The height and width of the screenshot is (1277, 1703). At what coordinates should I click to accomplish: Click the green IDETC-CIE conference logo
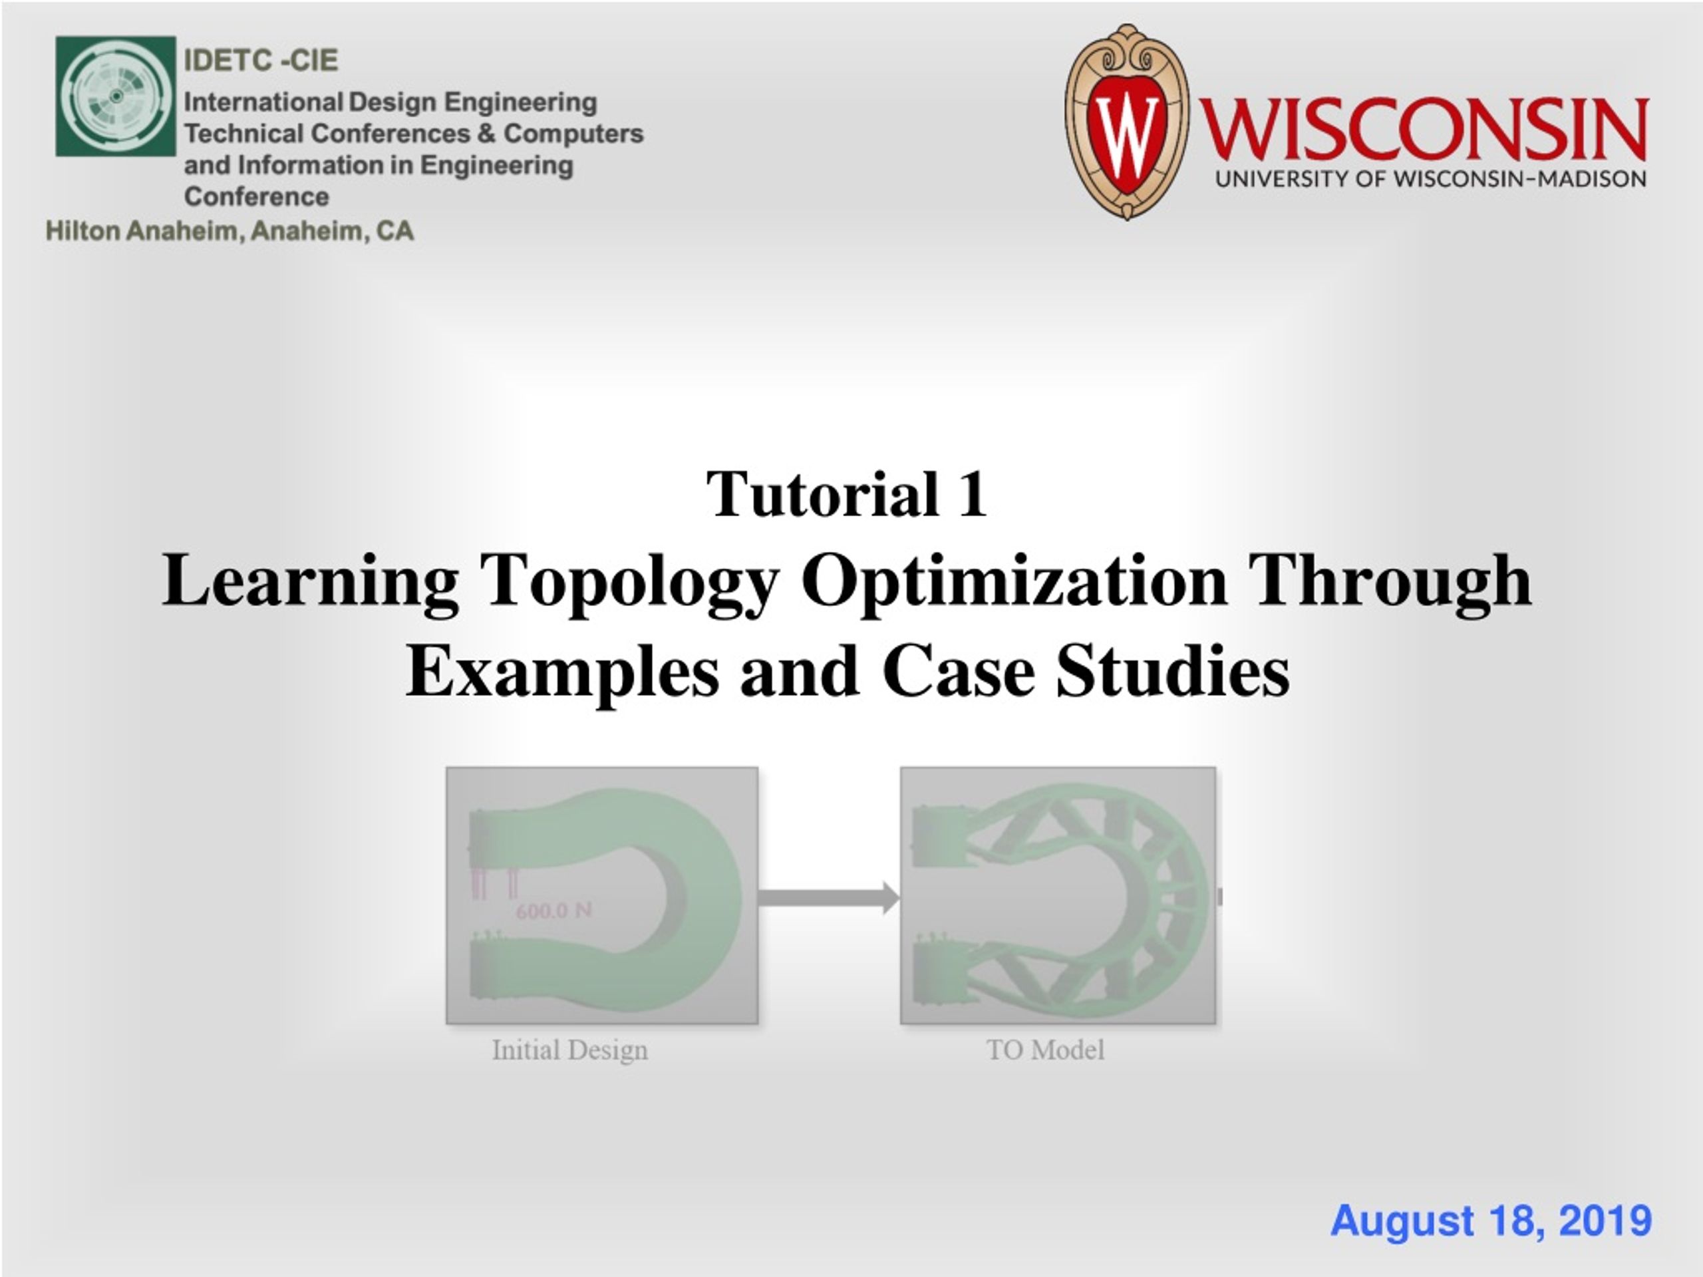pos(116,96)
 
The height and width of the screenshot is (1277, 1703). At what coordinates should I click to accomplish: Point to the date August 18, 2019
pos(1491,1220)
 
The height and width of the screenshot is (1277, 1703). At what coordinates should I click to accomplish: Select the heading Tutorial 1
pos(847,494)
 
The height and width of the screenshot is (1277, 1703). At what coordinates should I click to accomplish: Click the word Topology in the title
pos(629,581)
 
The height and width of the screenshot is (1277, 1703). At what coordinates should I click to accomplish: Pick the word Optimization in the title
pos(1013,581)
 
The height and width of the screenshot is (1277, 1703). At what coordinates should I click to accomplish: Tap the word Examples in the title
pos(562,671)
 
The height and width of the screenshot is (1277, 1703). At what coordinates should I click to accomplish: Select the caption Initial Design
pos(569,1050)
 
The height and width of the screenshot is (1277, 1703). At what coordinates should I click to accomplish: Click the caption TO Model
pos(1044,1050)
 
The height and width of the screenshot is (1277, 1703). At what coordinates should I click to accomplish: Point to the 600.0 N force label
pos(553,911)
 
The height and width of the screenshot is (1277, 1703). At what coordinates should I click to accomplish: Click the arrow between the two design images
pos(828,897)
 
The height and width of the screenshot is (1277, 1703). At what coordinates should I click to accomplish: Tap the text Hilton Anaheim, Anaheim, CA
pos(230,230)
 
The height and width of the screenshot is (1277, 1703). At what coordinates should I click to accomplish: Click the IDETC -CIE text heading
pos(261,60)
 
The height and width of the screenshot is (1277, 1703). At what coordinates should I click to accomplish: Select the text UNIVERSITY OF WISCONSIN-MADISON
pos(1430,180)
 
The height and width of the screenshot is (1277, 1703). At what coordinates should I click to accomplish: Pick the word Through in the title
pos(1390,581)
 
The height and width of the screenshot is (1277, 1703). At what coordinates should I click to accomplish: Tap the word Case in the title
pos(958,671)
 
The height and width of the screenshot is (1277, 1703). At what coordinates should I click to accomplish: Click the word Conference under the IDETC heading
pos(256,197)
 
